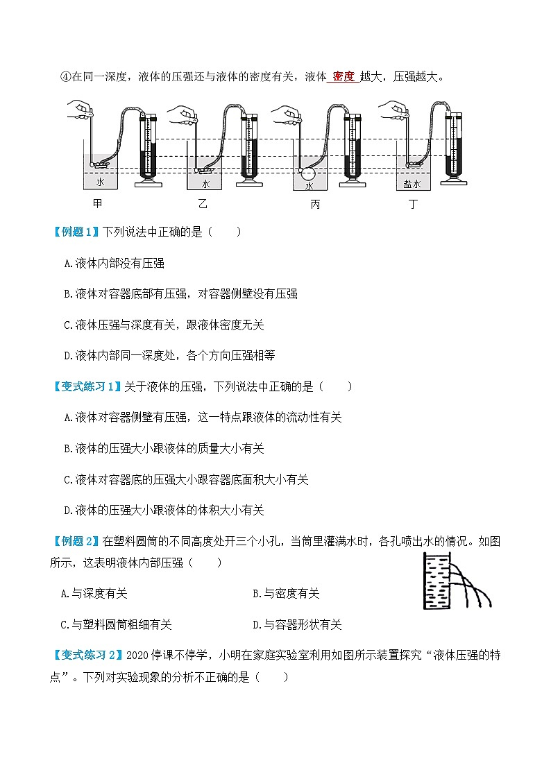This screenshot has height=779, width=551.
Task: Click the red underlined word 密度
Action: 344,76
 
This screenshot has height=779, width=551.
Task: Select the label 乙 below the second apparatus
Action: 203,203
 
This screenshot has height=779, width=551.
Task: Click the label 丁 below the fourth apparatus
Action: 414,203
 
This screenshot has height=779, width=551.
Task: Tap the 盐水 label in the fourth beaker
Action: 412,184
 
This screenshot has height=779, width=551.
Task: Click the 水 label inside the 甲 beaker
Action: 100,182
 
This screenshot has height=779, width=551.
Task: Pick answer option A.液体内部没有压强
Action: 114,263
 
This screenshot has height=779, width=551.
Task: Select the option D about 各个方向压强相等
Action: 169,355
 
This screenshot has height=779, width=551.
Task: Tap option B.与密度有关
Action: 286,593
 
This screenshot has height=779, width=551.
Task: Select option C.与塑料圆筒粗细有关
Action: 117,624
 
